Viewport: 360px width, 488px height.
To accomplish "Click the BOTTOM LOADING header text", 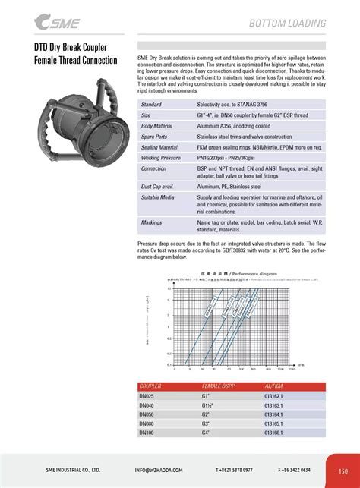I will [x=288, y=24].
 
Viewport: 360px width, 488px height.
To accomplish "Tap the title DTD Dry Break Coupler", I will [x=73, y=47].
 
